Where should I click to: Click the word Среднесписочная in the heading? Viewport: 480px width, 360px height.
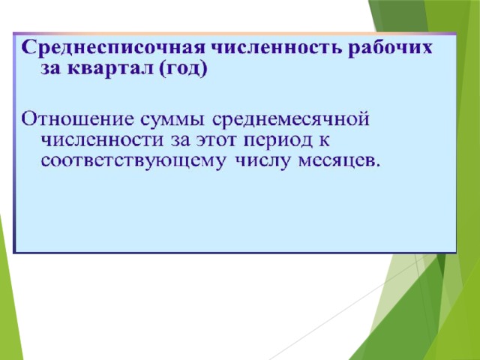[112, 48]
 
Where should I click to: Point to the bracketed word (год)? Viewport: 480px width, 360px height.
[183, 69]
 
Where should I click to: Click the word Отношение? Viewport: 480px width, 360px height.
[77, 118]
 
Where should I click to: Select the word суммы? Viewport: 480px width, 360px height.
[172, 120]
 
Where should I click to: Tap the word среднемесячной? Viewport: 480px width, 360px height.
[290, 120]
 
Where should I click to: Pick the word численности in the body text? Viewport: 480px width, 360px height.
[102, 141]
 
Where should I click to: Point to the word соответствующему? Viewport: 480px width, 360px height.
[133, 162]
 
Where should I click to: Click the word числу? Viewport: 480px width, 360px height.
[262, 162]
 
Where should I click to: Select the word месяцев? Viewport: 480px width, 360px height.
[336, 162]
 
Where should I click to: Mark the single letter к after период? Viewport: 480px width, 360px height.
[324, 142]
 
